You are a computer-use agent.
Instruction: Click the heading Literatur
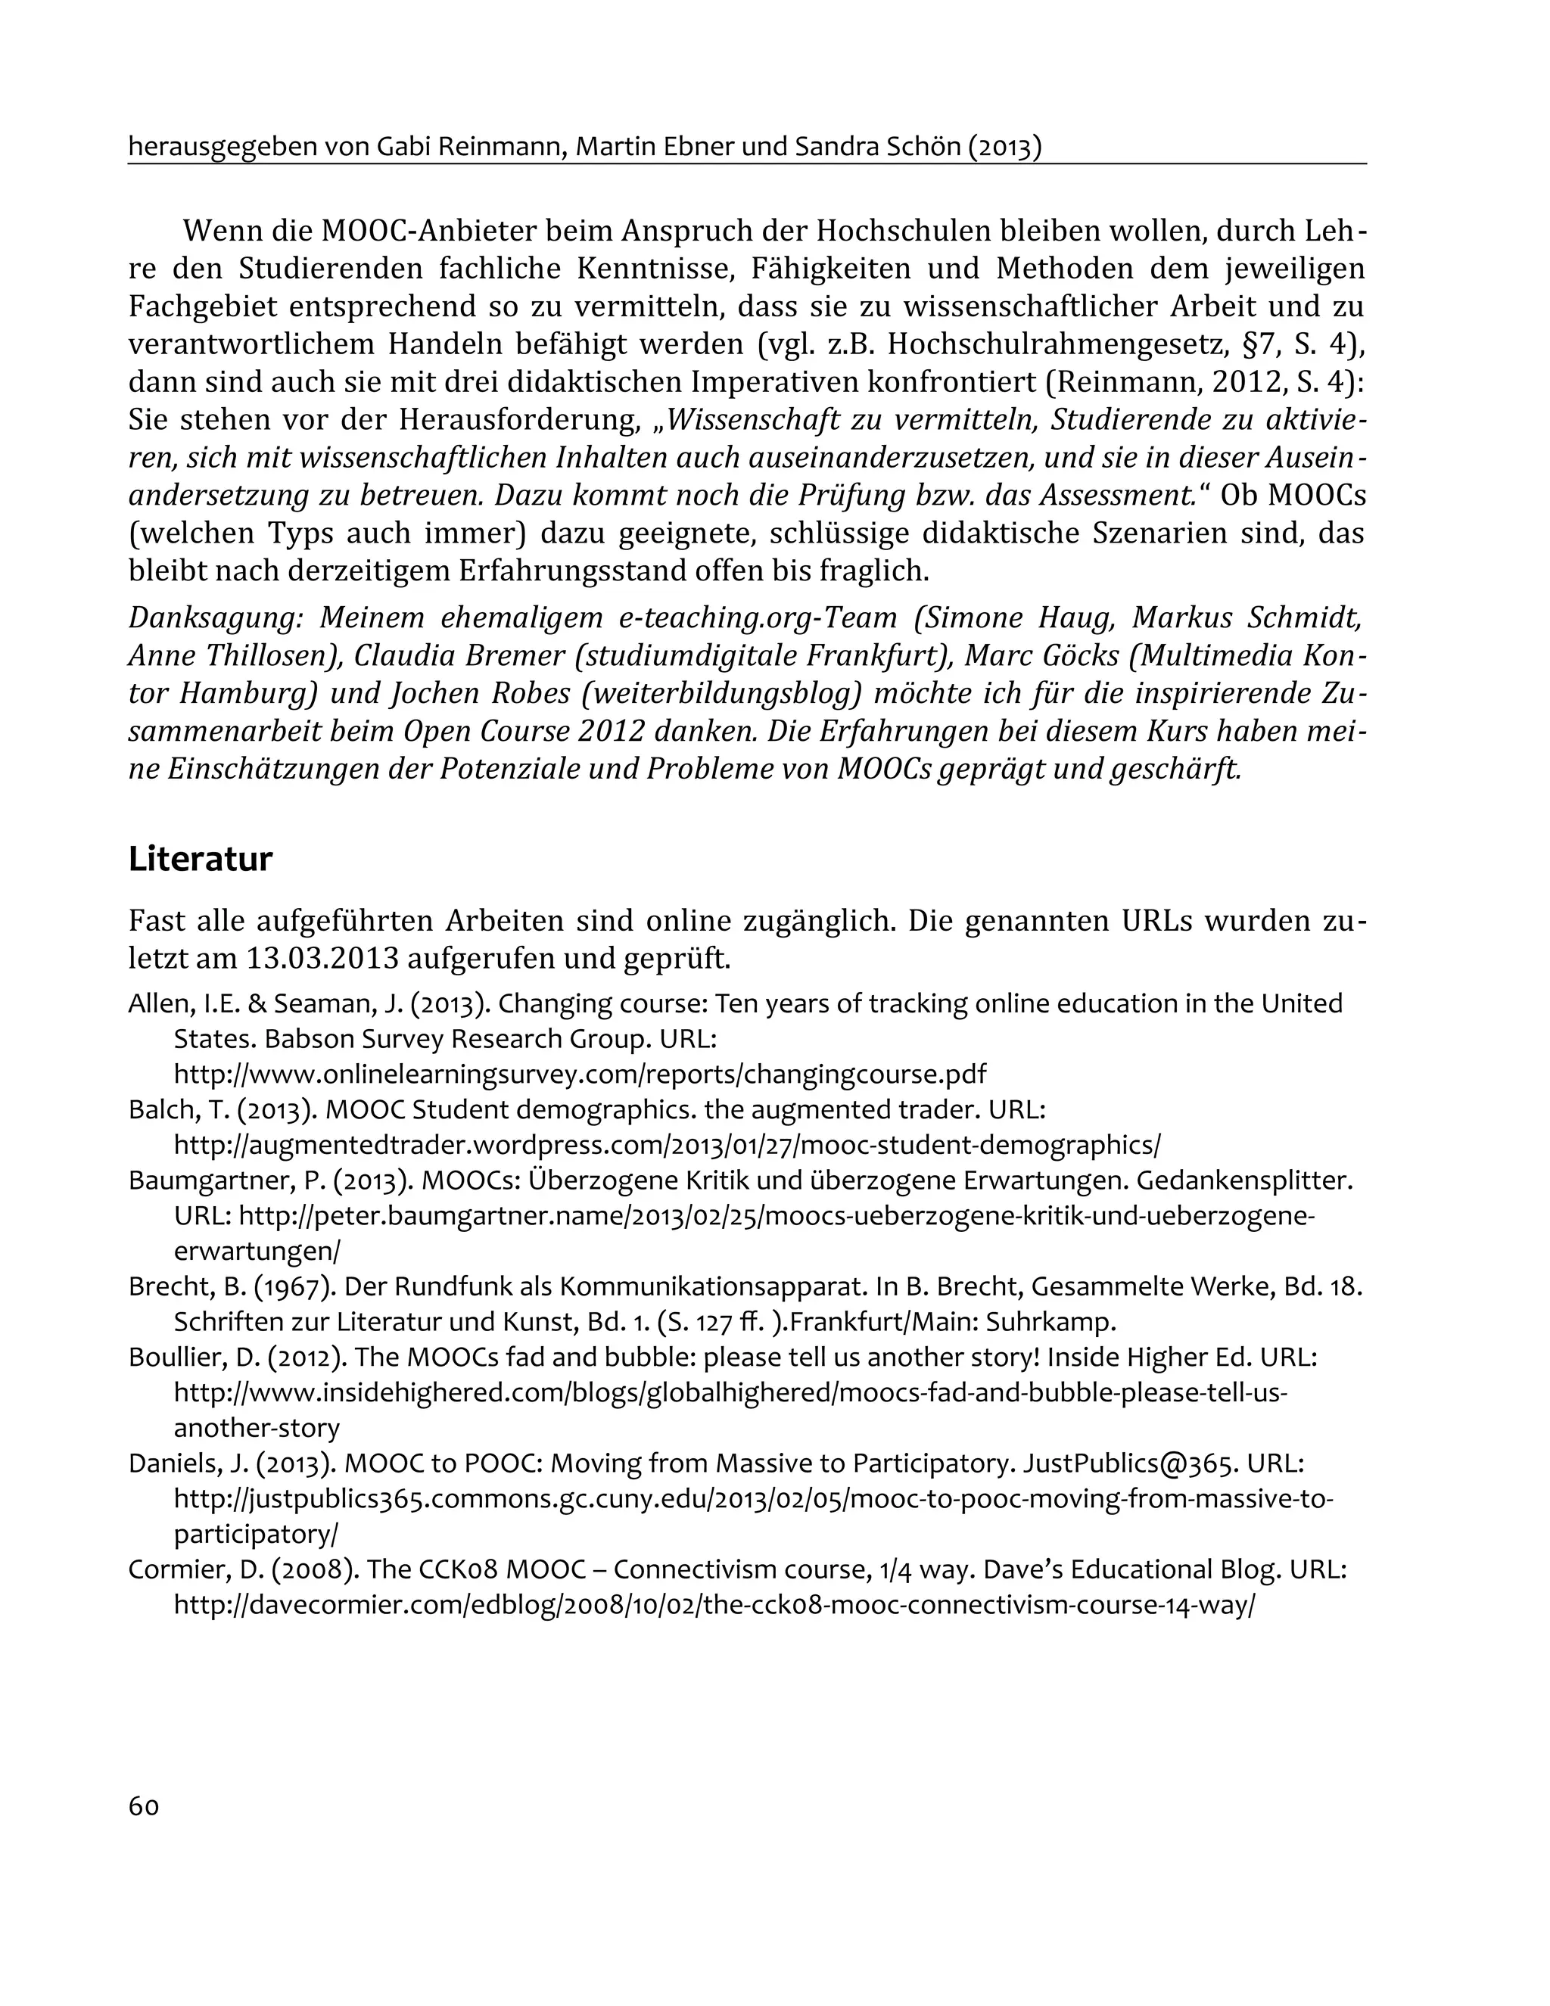click(201, 860)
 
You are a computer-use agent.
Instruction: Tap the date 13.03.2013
click(322, 959)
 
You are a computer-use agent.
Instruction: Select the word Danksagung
click(216, 618)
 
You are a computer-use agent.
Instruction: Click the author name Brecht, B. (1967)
click(229, 1287)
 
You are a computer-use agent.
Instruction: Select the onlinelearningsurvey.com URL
click(580, 1074)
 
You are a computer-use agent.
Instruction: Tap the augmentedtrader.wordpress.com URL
click(666, 1146)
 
